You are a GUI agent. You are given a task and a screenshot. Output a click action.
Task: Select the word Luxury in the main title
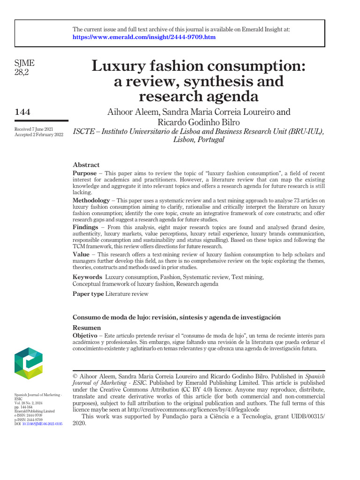(x=118, y=66)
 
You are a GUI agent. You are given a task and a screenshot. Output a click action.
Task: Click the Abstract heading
(x=86, y=165)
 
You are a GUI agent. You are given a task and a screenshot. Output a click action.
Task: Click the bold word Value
(x=81, y=254)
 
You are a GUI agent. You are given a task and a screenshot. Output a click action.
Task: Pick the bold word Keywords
(x=88, y=277)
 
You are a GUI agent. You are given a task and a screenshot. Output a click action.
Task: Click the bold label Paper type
(x=88, y=294)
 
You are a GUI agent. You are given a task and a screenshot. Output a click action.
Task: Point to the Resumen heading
(x=87, y=328)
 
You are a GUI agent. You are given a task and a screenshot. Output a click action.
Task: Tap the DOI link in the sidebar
(x=42, y=423)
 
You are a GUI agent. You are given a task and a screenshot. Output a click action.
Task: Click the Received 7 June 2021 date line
(x=34, y=129)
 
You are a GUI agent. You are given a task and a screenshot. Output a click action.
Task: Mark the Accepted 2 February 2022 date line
(x=38, y=135)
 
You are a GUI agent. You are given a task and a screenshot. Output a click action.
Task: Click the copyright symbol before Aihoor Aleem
(x=75, y=376)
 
